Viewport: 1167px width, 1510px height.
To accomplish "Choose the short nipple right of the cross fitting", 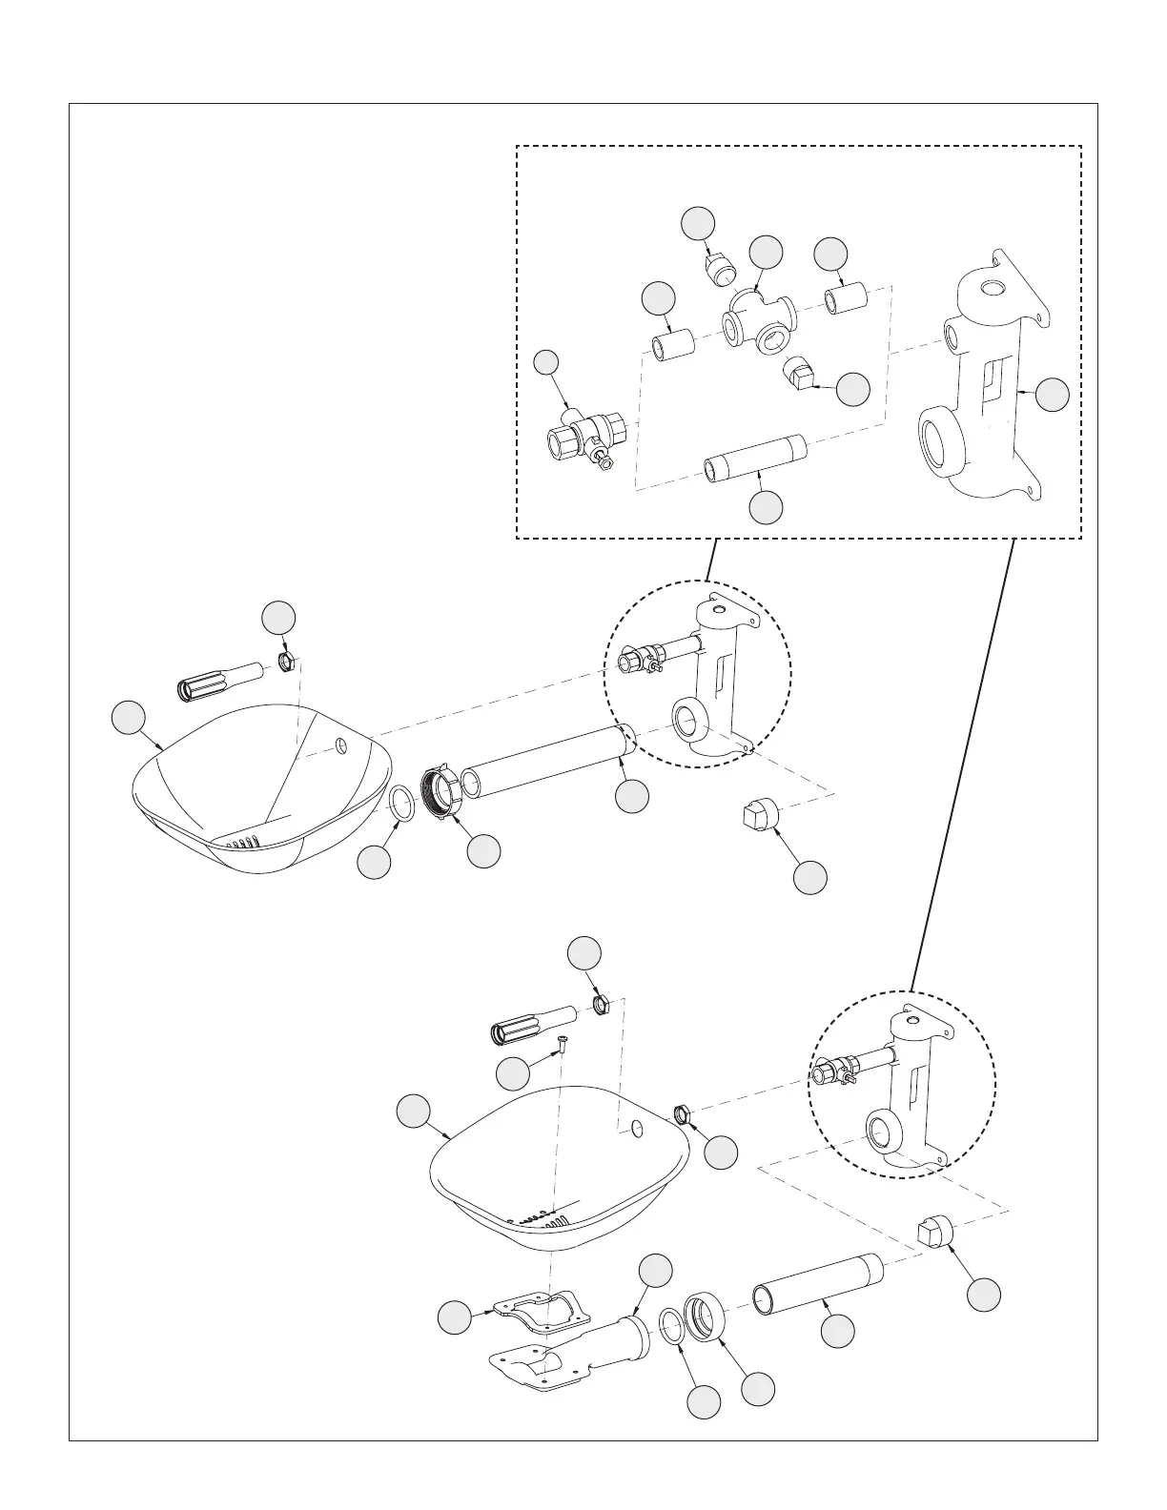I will [847, 300].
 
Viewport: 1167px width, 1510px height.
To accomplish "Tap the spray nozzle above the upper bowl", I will [218, 680].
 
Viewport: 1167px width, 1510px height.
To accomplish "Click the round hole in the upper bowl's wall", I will [340, 744].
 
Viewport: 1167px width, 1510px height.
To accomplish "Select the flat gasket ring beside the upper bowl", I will [402, 804].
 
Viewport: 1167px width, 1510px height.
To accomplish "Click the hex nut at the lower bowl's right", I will [683, 1112].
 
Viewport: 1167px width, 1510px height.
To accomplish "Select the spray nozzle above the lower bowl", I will [529, 1025].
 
